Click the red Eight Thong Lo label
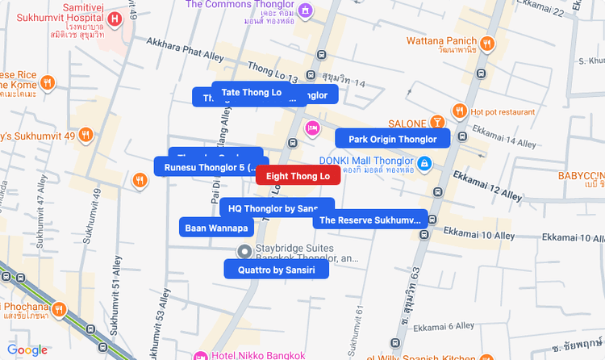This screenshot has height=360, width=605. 298,175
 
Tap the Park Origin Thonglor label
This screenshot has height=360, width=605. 392,139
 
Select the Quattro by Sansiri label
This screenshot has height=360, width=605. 276,269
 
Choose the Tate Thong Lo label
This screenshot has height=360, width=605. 251,92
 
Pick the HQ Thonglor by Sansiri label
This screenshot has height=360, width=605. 277,208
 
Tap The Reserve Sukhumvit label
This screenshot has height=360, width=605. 370,220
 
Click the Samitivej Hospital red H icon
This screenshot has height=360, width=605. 115,18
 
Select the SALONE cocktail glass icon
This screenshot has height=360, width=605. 437,123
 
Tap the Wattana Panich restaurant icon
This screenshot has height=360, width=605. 486,44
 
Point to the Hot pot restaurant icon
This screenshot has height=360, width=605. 459,111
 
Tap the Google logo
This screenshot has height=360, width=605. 27,350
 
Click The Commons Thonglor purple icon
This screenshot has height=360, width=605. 305,10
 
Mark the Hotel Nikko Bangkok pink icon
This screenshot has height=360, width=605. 200,355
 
